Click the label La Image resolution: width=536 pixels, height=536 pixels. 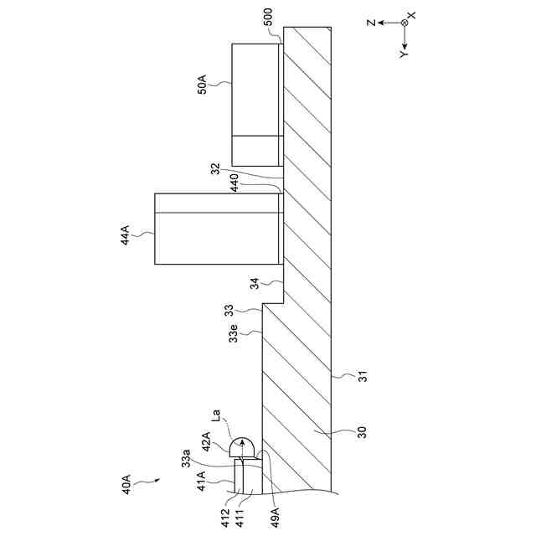(x=216, y=414)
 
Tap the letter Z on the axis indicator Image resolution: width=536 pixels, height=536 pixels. (x=370, y=23)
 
